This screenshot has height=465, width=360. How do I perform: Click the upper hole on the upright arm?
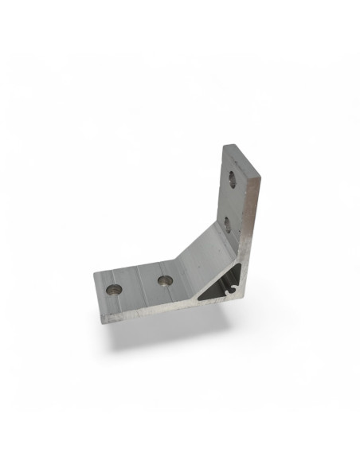coord(233,180)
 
